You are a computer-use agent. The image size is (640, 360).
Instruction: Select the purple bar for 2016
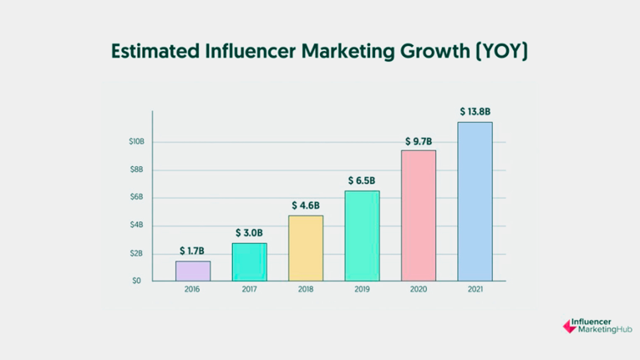pos(193,271)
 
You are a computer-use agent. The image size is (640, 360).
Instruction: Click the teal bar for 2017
pos(249,261)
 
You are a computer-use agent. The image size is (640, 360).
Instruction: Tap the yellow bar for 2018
pos(306,248)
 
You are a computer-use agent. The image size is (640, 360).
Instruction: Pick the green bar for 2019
pos(362,236)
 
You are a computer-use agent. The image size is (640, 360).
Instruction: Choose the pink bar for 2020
pos(419,215)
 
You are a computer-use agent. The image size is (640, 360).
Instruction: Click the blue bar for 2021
pos(475,201)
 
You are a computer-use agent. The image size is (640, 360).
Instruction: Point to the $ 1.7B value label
pos(193,251)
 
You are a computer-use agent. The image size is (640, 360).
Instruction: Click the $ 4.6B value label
pos(306,205)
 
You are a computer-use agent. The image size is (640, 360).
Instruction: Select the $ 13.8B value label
pos(475,111)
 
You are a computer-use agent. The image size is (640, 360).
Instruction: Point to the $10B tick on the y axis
pos(136,142)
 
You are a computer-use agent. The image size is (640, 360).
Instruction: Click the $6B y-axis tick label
pos(138,198)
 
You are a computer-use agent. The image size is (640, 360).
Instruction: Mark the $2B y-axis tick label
pos(138,253)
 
